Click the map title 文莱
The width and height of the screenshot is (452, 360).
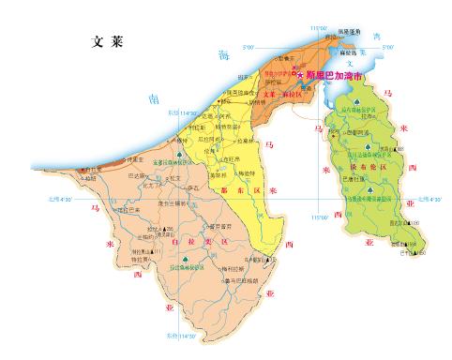click(109, 42)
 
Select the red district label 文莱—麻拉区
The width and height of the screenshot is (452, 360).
click(280, 94)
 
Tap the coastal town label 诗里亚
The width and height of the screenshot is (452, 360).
click(89, 169)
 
